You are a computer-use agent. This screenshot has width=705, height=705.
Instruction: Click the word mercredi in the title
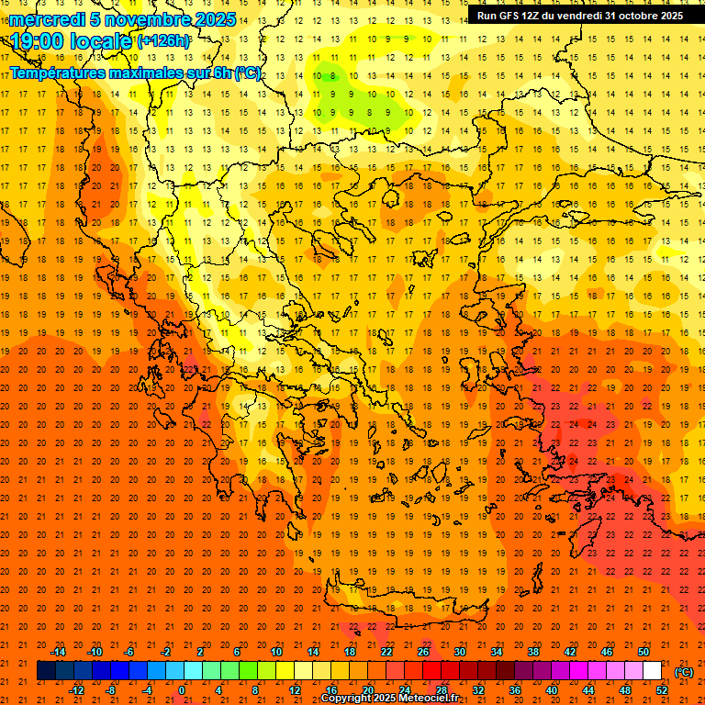(x=48, y=19)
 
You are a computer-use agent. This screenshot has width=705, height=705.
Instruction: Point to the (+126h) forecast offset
(x=163, y=41)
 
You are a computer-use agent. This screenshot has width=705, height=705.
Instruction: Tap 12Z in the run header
(x=531, y=16)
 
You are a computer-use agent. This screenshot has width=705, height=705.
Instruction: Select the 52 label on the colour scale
(x=662, y=689)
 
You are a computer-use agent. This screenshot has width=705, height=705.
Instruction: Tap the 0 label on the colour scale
(x=183, y=689)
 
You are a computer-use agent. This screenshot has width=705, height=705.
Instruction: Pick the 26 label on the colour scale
(x=423, y=652)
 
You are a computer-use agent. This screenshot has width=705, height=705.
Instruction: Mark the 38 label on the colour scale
(x=533, y=652)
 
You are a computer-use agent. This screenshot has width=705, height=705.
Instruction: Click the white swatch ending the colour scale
(x=653, y=671)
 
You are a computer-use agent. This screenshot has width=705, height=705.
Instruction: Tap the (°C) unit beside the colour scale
(x=684, y=672)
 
